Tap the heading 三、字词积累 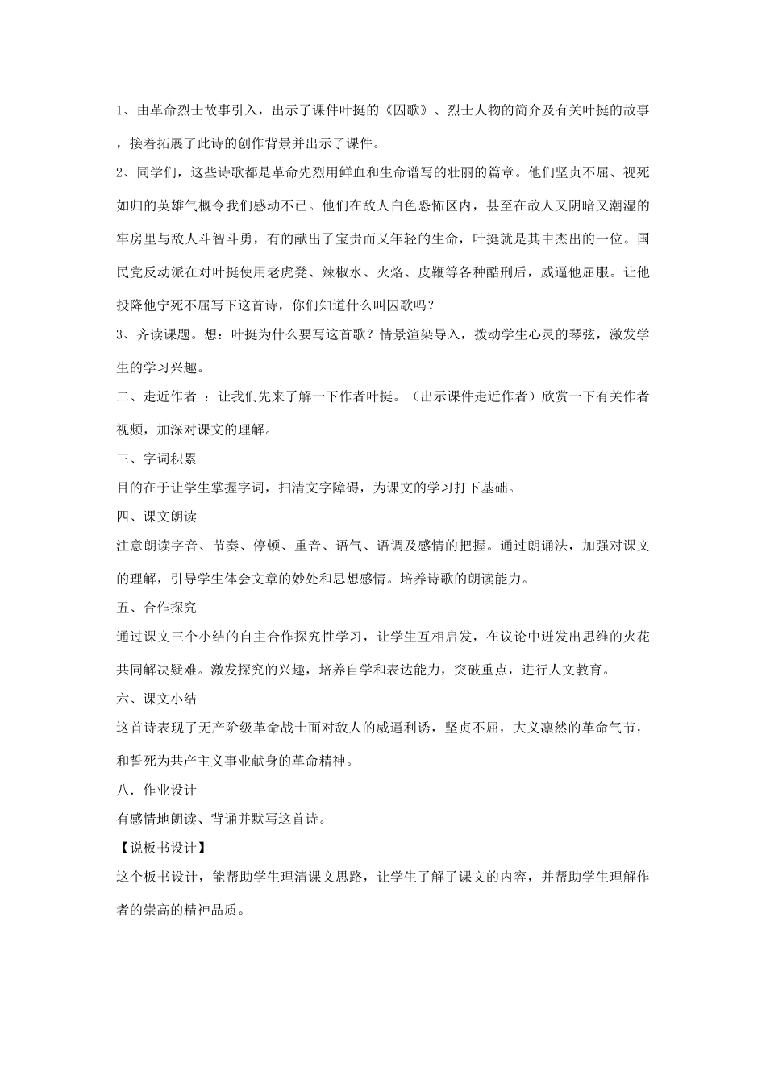click(156, 459)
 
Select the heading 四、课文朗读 click(156, 517)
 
